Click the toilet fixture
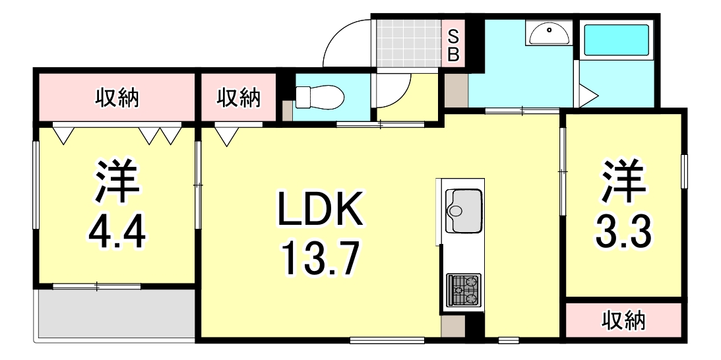click(x=319, y=98)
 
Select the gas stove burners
click(x=464, y=290)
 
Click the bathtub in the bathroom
click(x=617, y=41)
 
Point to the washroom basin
click(x=548, y=33)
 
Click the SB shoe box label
click(x=454, y=45)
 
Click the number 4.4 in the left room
click(x=117, y=231)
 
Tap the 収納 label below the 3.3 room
click(x=623, y=321)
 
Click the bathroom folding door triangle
click(x=586, y=96)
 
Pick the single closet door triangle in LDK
click(x=226, y=136)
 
